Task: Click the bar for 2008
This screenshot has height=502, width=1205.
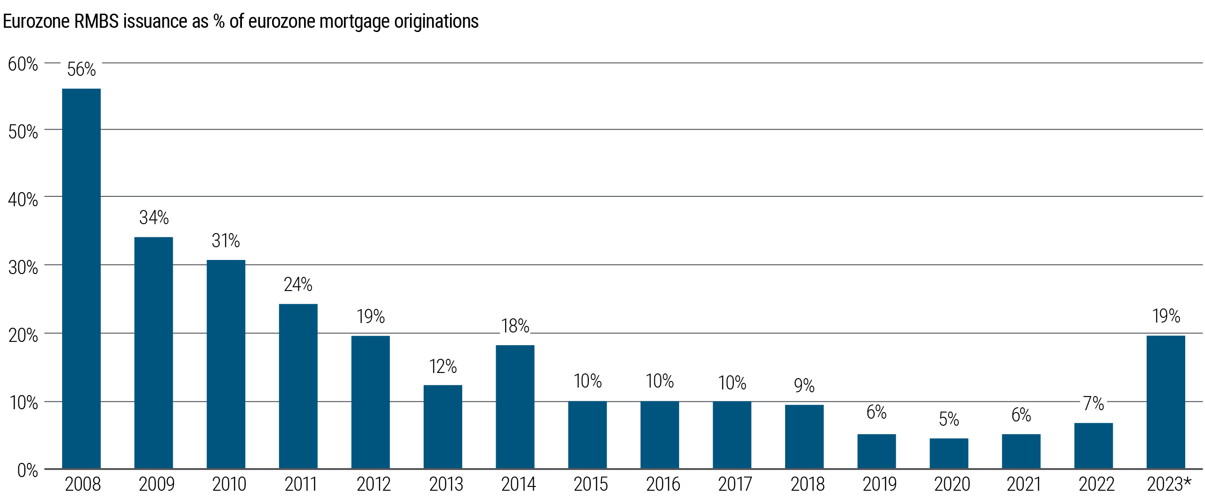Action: point(81,278)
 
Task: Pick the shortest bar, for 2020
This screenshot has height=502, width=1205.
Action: point(949,453)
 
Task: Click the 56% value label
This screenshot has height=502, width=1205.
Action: point(81,69)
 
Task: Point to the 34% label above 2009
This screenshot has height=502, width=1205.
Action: point(154,218)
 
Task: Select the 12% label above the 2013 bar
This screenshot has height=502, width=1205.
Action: point(443,366)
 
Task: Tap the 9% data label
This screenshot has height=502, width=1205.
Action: point(804,386)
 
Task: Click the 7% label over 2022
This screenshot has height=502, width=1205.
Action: point(1093,404)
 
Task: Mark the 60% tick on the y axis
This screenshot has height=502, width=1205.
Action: point(23,64)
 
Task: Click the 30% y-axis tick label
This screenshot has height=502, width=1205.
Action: point(23,267)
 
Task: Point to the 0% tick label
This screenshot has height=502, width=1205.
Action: point(27,470)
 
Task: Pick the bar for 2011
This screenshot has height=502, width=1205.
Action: point(298,386)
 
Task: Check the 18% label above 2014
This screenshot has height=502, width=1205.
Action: point(515,326)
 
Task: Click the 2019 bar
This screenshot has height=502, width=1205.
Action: point(876,451)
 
